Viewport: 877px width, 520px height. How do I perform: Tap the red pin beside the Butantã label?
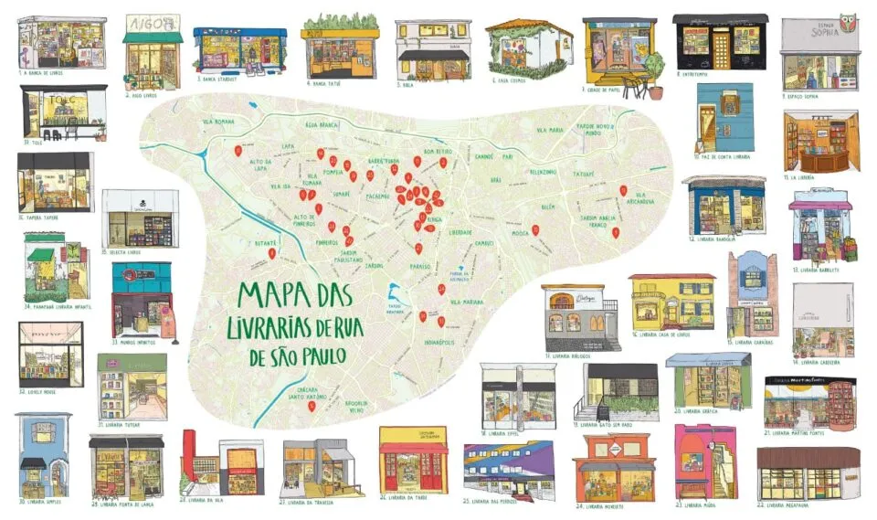click(270, 252)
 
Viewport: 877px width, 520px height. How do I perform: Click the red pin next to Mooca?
click(536, 230)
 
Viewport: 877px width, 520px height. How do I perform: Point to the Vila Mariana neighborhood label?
click(466, 301)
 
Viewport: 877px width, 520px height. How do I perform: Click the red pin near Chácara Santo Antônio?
click(311, 405)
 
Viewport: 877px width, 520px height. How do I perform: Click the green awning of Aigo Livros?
click(153, 38)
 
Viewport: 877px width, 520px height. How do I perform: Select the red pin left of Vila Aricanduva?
click(623, 190)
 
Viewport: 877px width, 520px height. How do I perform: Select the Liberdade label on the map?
click(460, 231)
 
